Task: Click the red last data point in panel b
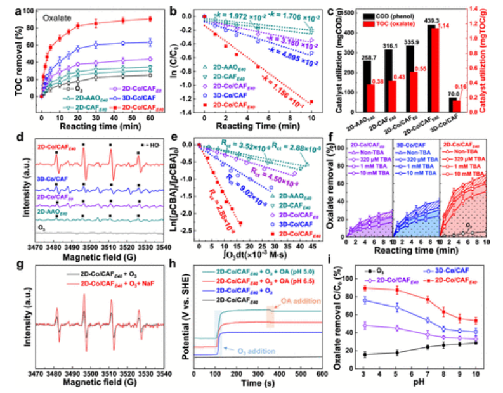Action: click(311, 101)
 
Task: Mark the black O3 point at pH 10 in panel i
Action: click(475, 342)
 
